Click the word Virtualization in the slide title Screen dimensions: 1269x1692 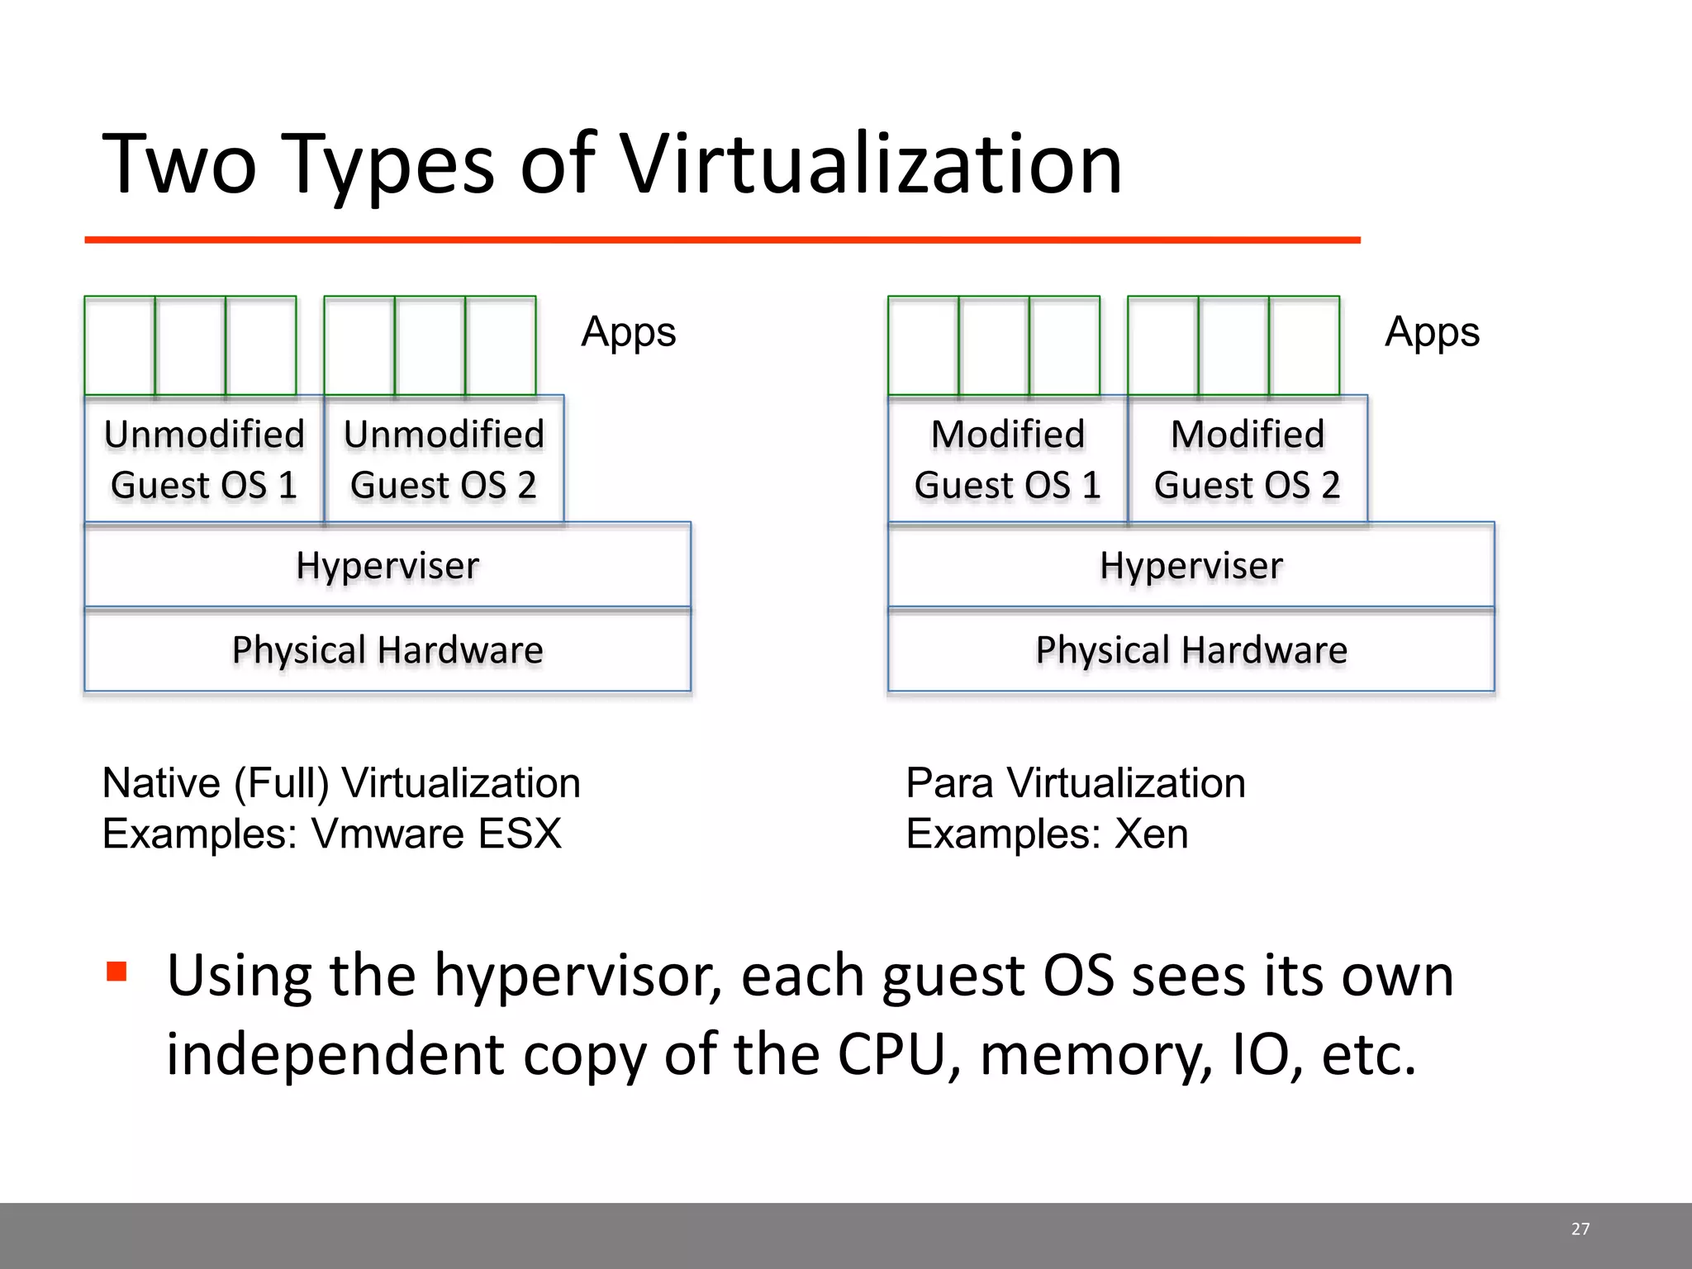click(x=871, y=165)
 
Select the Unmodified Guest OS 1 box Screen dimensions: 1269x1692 click(x=204, y=459)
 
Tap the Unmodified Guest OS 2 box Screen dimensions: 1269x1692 click(x=444, y=459)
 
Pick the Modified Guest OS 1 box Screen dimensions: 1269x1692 click(x=1007, y=459)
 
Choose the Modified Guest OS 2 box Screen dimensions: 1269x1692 click(x=1248, y=459)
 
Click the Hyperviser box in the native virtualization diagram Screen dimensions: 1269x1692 click(x=387, y=566)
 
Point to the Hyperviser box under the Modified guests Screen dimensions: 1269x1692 click(x=1191, y=566)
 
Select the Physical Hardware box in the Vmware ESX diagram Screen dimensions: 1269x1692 click(x=387, y=650)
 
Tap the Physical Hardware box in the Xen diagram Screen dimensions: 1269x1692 click(x=1191, y=650)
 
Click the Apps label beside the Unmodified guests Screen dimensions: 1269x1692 click(x=628, y=333)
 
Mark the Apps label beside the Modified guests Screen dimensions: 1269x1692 click(x=1432, y=333)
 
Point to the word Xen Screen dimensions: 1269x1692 click(x=1152, y=834)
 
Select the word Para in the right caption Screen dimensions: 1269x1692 click(x=949, y=783)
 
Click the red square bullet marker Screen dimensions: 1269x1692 click(x=116, y=972)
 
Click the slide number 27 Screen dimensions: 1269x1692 click(x=1580, y=1229)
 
